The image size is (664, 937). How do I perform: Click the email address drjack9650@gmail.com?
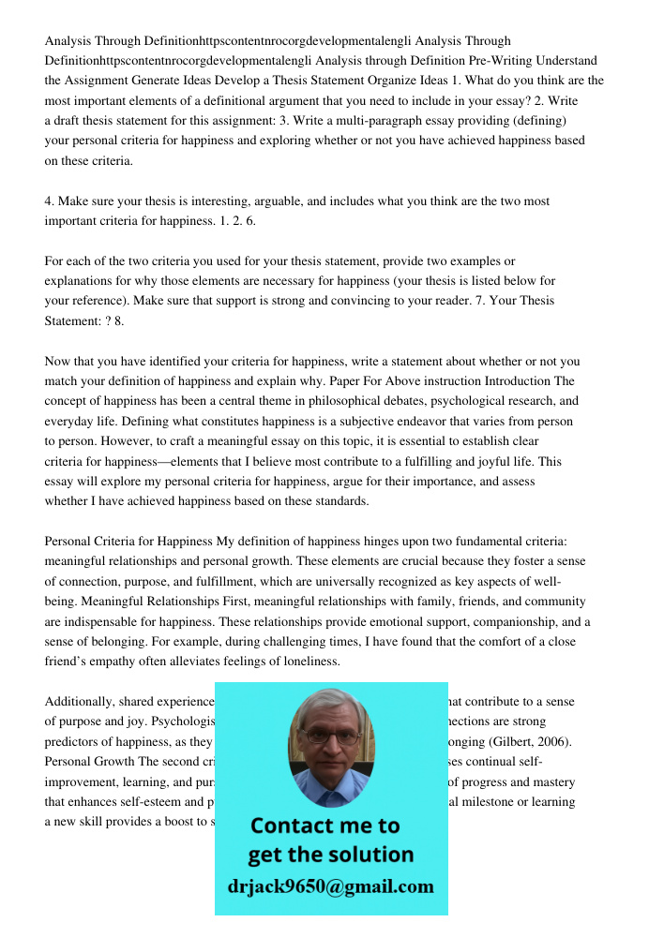[x=331, y=886]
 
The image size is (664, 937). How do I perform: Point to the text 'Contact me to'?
[x=325, y=825]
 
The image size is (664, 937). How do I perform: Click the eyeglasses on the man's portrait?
[x=331, y=736]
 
